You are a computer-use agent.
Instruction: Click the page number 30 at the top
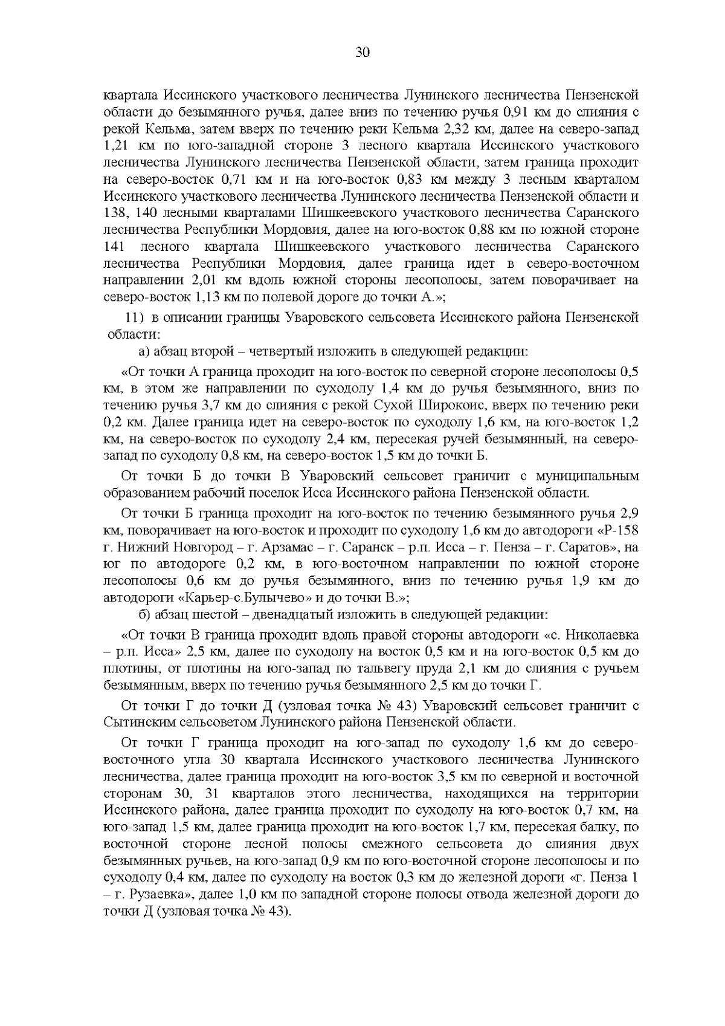point(362,53)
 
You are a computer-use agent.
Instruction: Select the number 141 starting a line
point(114,247)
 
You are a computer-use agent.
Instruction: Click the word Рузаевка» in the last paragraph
point(157,894)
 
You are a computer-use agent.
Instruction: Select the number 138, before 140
point(115,213)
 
